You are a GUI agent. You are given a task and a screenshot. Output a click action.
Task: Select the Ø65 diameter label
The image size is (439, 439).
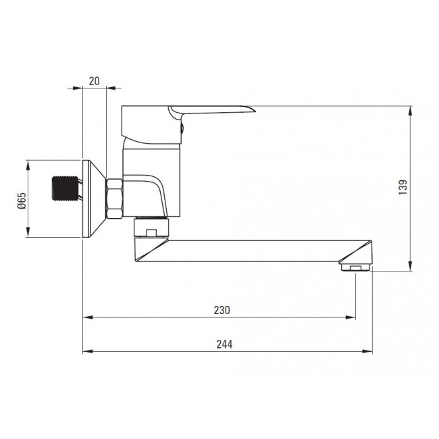(x=21, y=200)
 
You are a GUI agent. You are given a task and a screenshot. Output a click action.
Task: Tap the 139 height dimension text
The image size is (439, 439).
(x=403, y=188)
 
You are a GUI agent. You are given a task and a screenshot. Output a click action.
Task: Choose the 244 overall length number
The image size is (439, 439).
(x=225, y=344)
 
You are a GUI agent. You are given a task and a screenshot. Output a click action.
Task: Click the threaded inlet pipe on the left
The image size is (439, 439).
(x=66, y=188)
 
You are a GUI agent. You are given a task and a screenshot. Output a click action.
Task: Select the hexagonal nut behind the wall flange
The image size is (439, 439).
(x=115, y=199)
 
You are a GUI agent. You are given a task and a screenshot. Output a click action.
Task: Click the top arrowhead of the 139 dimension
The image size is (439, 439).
(x=411, y=110)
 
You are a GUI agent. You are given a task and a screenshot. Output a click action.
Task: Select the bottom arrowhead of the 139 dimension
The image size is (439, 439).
(x=411, y=267)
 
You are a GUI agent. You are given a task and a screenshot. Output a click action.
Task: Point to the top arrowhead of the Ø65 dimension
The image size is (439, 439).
(x=28, y=163)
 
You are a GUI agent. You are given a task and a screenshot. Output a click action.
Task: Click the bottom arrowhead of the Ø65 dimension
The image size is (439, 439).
(x=28, y=234)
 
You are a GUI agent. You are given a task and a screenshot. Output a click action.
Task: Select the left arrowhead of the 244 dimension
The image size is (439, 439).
(x=86, y=351)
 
